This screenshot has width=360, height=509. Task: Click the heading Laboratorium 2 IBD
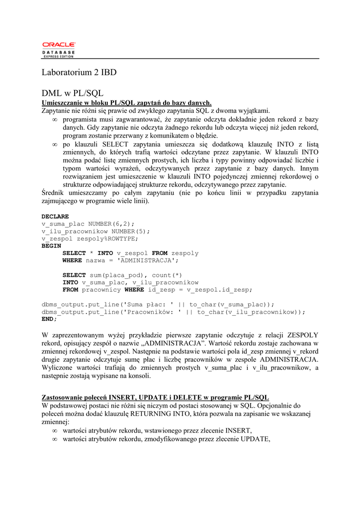click(79, 73)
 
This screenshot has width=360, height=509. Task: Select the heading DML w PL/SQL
click(72, 93)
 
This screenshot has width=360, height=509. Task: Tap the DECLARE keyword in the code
click(55, 217)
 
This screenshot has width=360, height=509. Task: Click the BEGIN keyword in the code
click(51, 246)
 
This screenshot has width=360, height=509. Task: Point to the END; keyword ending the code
click(49, 319)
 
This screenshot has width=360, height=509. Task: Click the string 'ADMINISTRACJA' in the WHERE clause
click(150, 260)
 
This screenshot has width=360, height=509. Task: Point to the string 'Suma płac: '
click(150, 304)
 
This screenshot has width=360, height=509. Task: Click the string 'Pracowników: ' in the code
click(154, 312)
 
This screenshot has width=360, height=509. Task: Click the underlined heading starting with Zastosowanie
click(155, 398)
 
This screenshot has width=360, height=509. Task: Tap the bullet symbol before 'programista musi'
click(55, 120)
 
